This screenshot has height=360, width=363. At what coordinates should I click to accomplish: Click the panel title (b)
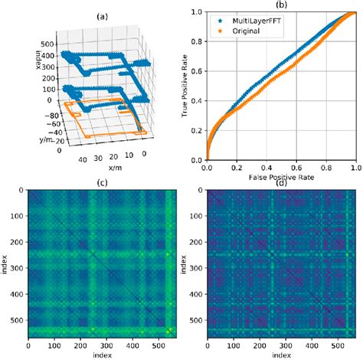pyautogui.click(x=280, y=6)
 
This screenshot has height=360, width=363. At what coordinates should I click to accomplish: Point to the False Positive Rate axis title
pyautogui.click(x=280, y=177)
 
